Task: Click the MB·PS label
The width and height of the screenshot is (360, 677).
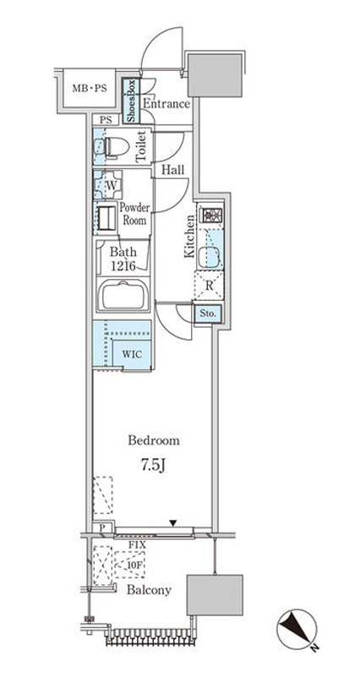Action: pos(90,89)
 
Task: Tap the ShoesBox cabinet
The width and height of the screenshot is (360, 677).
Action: pos(131,101)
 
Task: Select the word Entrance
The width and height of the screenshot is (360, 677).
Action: pos(166,105)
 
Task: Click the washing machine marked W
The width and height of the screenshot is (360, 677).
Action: pos(108,185)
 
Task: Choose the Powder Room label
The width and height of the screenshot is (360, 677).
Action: pos(134,213)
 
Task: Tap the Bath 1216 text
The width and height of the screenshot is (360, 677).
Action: pos(123,258)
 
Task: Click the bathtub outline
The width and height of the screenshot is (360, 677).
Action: pos(123,294)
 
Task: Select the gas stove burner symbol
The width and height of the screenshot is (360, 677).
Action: pos(212,214)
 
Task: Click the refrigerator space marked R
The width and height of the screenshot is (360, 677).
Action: pos(210,286)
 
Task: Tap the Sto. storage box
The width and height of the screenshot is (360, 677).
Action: pos(208,314)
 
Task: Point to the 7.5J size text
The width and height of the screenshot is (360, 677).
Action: pos(153,466)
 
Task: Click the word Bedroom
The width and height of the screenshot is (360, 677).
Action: pos(154,441)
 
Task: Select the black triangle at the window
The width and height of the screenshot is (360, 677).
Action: pos(173,523)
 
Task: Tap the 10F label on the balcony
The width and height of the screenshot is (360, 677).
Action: pos(131,565)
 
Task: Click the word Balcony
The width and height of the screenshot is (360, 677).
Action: pos(149,590)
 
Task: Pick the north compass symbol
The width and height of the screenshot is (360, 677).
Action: pos(297,630)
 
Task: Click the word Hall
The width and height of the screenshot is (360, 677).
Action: pos(172,170)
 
